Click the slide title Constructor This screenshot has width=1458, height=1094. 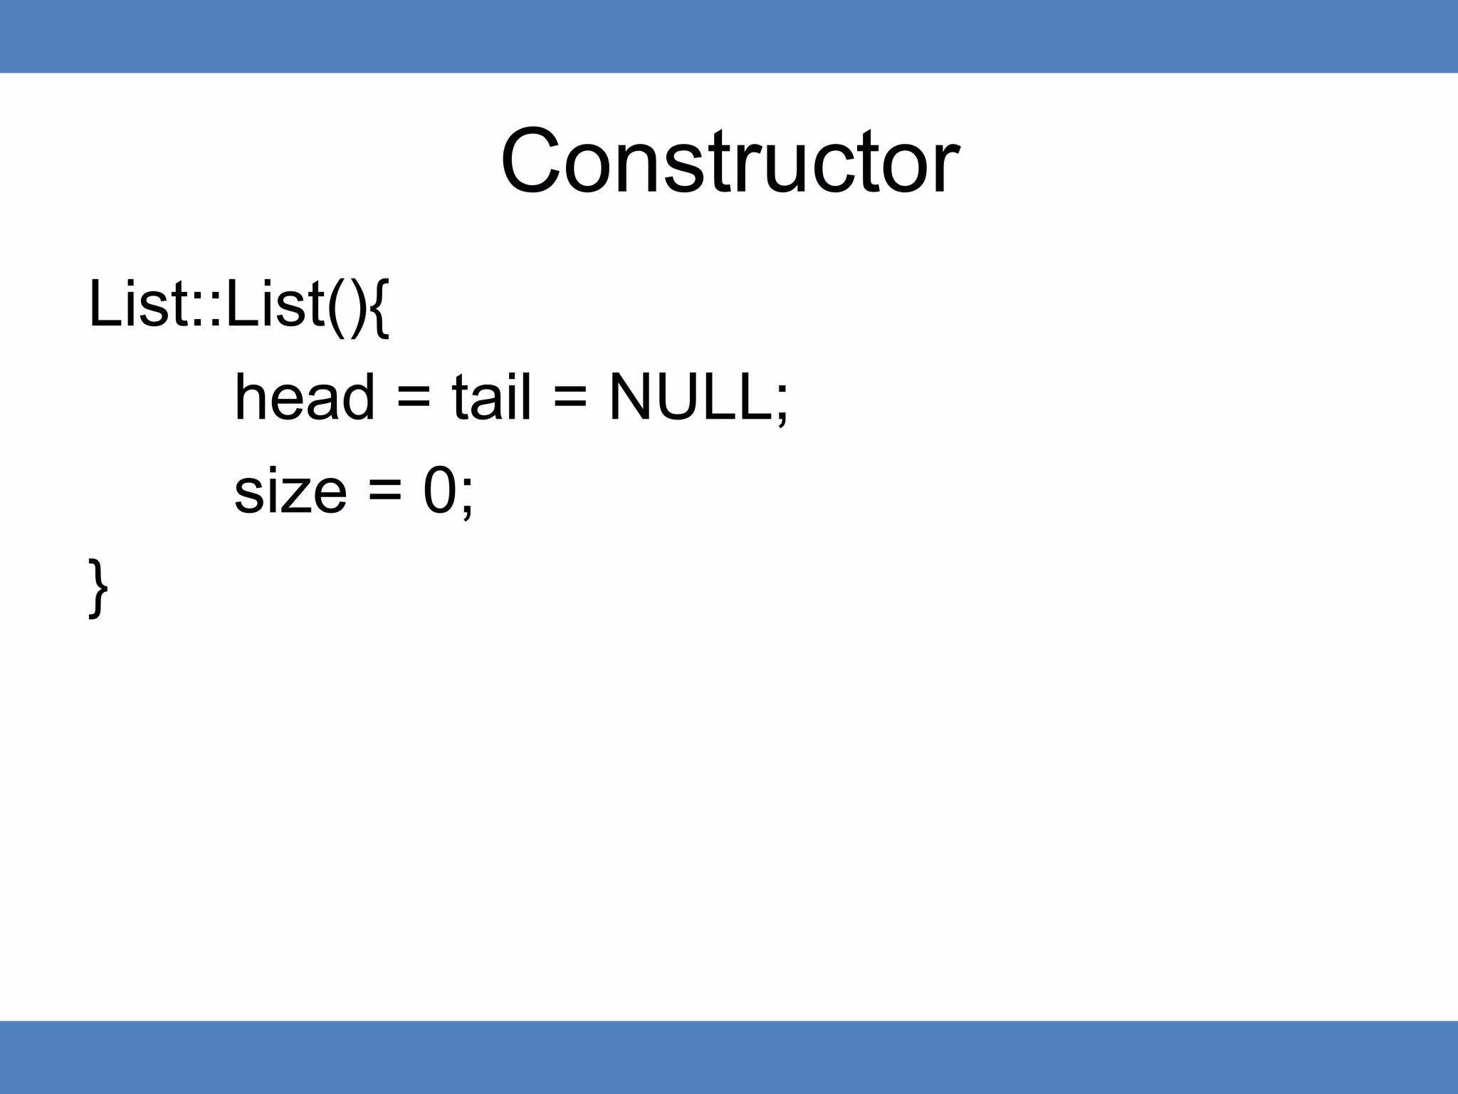(x=730, y=161)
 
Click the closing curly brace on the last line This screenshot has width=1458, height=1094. (x=98, y=588)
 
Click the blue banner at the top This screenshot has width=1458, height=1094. (x=729, y=36)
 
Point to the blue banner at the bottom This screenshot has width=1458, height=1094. (x=729, y=1057)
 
